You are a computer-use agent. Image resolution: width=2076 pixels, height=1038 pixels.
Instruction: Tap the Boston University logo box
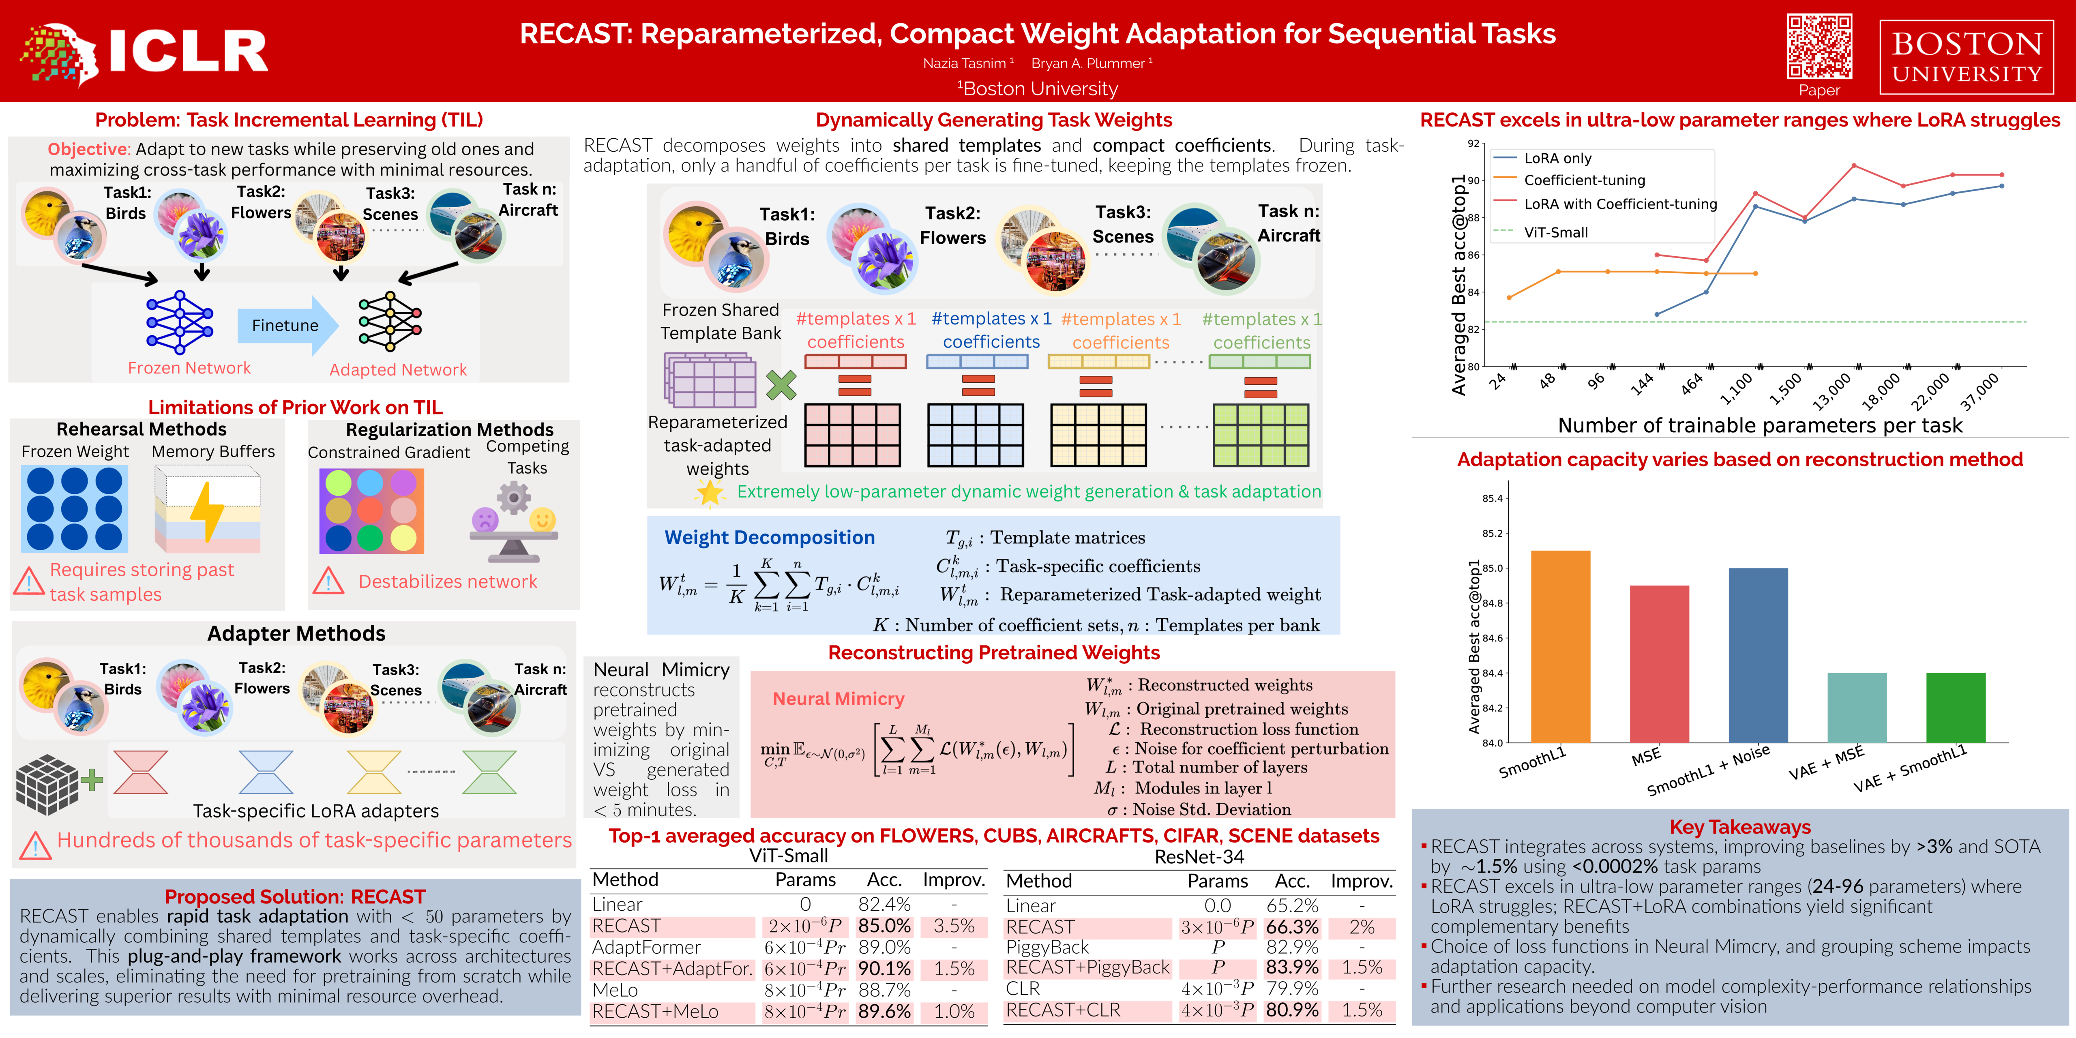click(x=1967, y=56)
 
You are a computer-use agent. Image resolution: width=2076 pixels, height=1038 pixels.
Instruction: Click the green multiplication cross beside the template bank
click(x=781, y=385)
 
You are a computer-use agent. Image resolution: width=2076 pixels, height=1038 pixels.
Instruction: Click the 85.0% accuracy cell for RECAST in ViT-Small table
click(x=884, y=926)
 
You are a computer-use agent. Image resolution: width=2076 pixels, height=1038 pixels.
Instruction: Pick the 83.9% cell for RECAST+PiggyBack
click(x=1292, y=967)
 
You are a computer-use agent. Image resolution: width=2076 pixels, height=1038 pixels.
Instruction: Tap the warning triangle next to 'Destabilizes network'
click(x=328, y=581)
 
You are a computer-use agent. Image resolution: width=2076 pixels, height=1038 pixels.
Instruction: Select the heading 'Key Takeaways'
click(x=1739, y=827)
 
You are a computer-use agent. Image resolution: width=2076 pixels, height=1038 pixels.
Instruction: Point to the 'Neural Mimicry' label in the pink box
click(x=838, y=699)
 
